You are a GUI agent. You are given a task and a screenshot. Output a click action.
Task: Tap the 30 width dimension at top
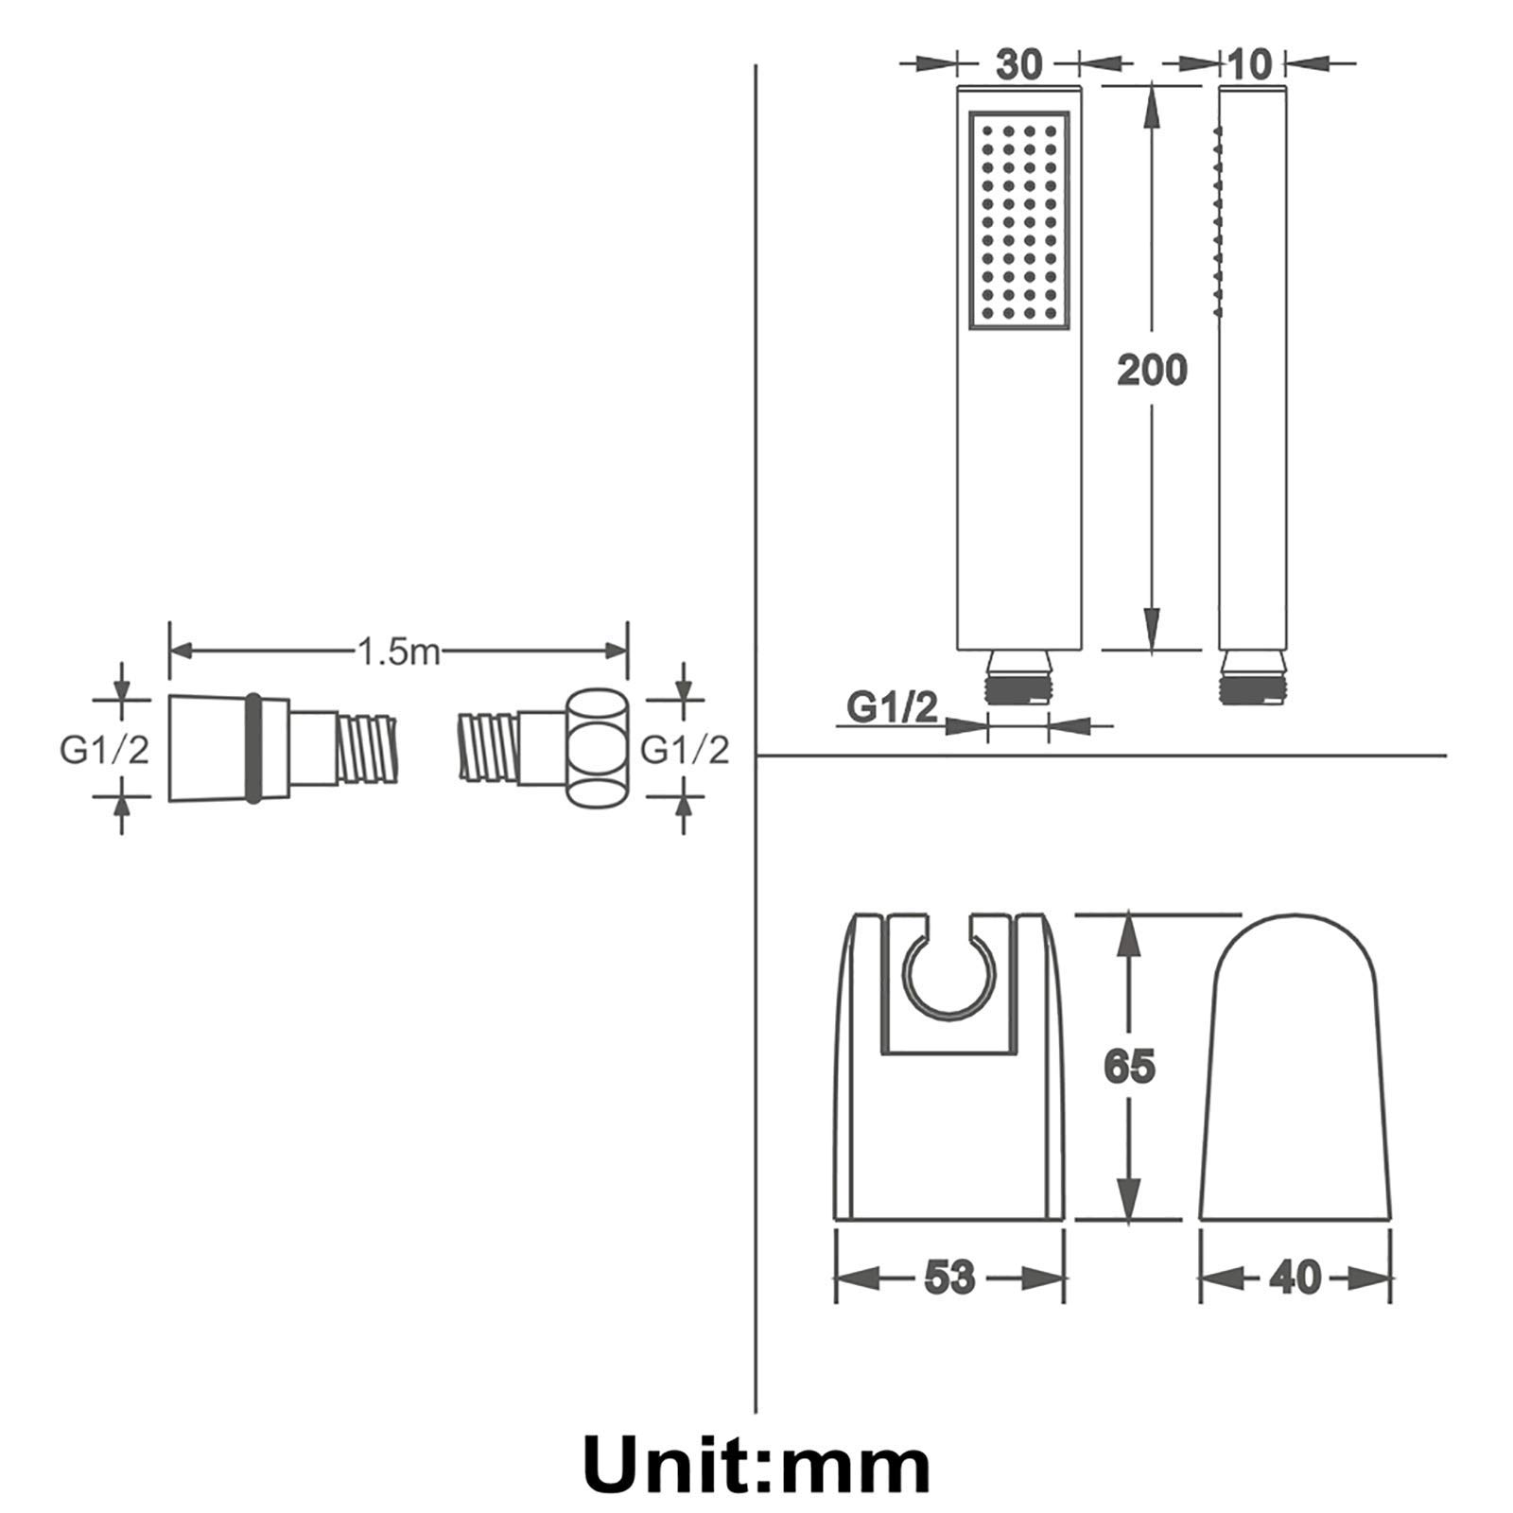[1019, 64]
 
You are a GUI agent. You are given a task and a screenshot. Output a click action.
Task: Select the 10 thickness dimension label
[1250, 64]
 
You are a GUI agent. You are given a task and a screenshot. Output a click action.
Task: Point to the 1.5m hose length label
[398, 651]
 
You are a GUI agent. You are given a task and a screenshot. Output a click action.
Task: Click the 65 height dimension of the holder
[1129, 1067]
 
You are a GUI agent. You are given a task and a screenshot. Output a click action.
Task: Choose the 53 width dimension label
[948, 1278]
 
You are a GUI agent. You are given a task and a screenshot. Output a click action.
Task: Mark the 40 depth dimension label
[1295, 1278]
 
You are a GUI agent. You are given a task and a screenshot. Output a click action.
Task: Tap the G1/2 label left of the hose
[104, 750]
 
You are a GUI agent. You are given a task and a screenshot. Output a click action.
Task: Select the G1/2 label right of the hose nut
[685, 750]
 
